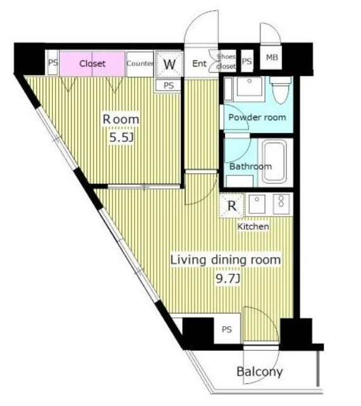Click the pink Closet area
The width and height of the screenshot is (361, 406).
pyautogui.click(x=92, y=63)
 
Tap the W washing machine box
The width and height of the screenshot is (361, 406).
pyautogui.click(x=169, y=64)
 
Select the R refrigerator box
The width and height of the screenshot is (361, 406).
pyautogui.click(x=232, y=206)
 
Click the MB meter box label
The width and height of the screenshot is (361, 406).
pyautogui.click(x=272, y=57)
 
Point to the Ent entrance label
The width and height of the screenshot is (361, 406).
pyautogui.click(x=199, y=63)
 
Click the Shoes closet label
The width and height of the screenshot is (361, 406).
pyautogui.click(x=226, y=61)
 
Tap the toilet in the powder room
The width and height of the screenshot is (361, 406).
pyautogui.click(x=280, y=89)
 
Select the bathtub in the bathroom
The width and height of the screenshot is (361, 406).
pyautogui.click(x=274, y=162)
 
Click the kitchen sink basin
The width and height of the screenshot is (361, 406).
pyautogui.click(x=257, y=204)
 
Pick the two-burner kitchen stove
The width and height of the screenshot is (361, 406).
pyautogui.click(x=281, y=204)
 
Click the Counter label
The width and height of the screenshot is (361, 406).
pyautogui.click(x=140, y=63)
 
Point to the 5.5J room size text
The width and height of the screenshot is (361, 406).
pyautogui.click(x=121, y=137)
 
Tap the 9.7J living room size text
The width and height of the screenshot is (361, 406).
pyautogui.click(x=228, y=279)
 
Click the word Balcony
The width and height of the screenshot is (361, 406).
pyautogui.click(x=259, y=372)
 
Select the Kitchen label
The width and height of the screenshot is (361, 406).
pyautogui.click(x=253, y=227)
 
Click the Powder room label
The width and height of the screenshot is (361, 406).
pyautogui.click(x=257, y=117)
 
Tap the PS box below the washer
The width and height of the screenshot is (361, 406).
pyautogui.click(x=168, y=86)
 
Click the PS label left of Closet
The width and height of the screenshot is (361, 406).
pyautogui.click(x=53, y=63)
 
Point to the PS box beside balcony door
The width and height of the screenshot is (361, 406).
pyautogui.click(x=227, y=329)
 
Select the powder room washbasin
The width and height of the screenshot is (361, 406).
pyautogui.click(x=249, y=86)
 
